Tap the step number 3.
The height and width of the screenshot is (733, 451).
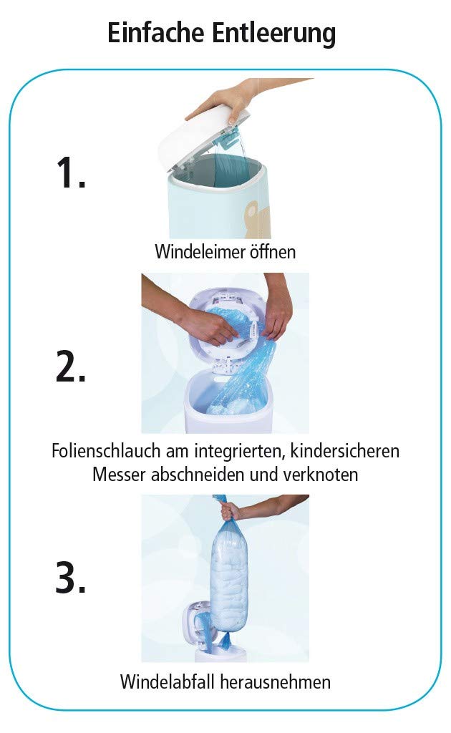pos(70,578)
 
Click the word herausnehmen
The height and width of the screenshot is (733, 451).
pos(278,682)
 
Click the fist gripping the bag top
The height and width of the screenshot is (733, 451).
pos(231,510)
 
